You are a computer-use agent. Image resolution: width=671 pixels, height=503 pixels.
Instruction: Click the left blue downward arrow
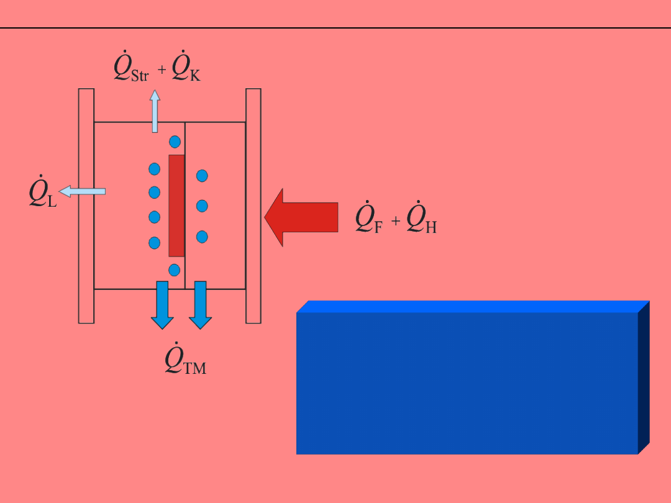[162, 304]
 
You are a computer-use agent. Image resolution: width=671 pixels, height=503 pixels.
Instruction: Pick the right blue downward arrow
[201, 304]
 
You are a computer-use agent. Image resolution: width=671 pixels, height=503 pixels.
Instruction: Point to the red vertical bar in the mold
[176, 206]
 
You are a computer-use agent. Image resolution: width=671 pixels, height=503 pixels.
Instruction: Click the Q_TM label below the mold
[185, 360]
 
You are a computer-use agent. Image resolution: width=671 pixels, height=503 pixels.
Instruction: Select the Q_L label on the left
[43, 193]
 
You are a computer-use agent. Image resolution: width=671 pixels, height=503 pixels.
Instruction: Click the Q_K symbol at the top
[186, 68]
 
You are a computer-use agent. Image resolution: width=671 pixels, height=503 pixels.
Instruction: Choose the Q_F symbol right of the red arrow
[368, 218]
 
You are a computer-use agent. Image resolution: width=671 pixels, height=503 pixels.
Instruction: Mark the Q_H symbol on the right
[421, 218]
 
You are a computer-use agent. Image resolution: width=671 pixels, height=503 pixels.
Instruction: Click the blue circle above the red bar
[175, 142]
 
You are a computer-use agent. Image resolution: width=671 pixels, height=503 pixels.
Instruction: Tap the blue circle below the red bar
[175, 270]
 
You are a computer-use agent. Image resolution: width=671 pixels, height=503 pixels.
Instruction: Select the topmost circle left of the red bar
[155, 169]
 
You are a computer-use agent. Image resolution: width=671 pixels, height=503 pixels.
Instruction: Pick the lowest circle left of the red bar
[155, 242]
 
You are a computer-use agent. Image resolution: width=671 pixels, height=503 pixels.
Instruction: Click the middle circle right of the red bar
[202, 206]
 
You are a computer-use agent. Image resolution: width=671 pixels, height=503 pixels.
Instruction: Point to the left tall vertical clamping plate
[86, 206]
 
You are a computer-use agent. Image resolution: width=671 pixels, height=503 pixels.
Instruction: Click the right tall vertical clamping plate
[253, 206]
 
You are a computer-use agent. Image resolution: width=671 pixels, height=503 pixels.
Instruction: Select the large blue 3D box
[467, 383]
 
